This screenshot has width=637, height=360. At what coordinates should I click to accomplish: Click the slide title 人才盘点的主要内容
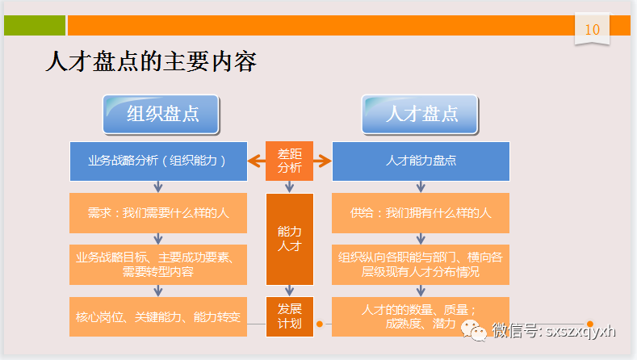point(151,62)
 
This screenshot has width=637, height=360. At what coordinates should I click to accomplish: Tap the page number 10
point(592,29)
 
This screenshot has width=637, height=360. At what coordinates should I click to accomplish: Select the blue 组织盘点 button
point(161,114)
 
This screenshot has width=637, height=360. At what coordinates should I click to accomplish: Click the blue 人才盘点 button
point(421,114)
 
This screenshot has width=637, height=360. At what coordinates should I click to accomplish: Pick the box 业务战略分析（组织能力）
point(157,161)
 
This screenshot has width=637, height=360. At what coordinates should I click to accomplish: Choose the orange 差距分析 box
point(289,161)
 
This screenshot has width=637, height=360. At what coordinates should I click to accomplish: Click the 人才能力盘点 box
point(421,161)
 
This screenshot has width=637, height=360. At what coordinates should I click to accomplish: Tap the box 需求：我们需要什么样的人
point(157,213)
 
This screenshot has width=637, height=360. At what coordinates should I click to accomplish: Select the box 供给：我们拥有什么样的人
point(421,213)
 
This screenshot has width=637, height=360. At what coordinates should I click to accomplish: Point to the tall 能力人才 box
point(289,240)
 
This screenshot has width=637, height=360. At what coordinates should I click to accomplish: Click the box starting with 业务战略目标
point(157,265)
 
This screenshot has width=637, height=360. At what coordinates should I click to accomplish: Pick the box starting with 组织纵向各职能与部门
point(421,265)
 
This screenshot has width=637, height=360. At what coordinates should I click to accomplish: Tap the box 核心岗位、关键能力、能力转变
point(157,316)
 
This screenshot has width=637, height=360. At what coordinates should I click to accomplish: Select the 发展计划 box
point(289,316)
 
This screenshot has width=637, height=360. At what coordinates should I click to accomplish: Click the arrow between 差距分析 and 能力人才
point(289,187)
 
